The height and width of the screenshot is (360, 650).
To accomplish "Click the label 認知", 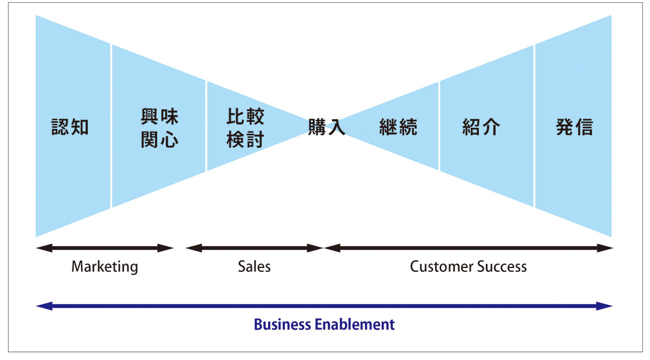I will tap(70, 127).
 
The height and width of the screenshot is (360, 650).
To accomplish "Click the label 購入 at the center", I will tap(327, 128).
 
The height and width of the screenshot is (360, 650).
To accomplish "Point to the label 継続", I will tap(398, 127).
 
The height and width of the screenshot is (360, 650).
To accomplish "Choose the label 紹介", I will tap(481, 127).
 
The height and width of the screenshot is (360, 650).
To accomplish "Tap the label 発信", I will tap(574, 127).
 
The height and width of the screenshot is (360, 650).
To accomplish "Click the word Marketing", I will tap(105, 266).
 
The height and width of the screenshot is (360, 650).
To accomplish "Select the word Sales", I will tap(254, 266).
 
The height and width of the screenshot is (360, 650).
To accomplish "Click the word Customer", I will tap(439, 266).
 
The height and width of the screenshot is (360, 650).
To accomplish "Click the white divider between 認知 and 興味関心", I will tap(111, 126).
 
